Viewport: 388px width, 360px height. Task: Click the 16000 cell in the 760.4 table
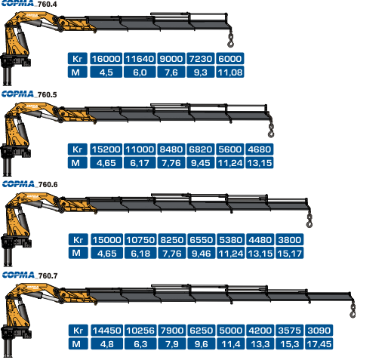106,58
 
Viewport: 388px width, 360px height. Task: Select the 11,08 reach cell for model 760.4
230,72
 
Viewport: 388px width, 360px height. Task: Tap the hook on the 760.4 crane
230,42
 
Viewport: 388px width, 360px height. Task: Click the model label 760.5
47,95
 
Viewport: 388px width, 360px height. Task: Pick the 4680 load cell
260,149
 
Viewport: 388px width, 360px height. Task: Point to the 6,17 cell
140,163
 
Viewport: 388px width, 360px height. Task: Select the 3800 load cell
290,239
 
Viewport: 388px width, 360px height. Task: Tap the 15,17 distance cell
290,253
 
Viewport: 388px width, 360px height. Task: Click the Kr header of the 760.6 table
78,239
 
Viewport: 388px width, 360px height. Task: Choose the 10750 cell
140,239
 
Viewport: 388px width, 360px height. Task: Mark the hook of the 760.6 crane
309,221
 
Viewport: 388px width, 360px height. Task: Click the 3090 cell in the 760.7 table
319,331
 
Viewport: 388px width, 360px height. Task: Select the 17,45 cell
319,344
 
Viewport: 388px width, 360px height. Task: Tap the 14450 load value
106,331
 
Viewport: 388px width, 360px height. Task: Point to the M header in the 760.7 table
78,344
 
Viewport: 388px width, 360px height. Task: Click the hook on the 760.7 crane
353,312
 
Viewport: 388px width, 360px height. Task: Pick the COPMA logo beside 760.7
18,275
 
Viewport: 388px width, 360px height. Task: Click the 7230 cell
201,58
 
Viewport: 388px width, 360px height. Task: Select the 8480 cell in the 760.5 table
171,149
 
